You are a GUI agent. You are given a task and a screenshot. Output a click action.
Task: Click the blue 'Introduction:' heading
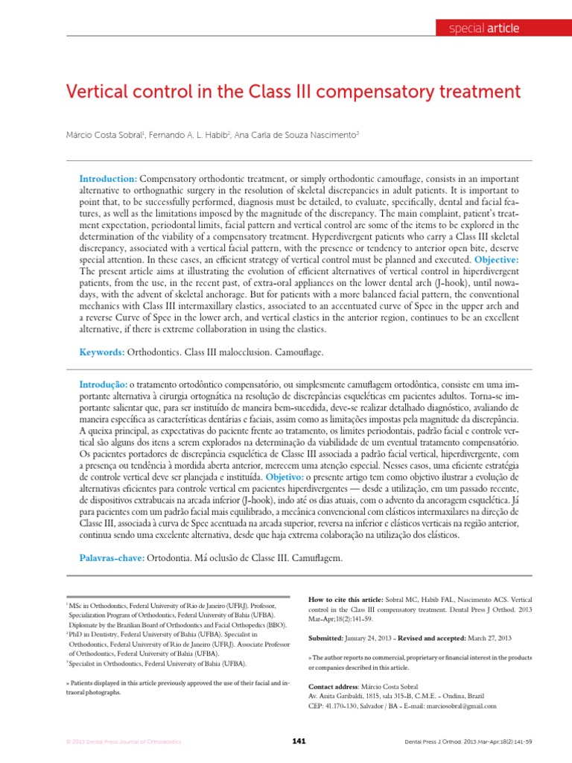coord(108,181)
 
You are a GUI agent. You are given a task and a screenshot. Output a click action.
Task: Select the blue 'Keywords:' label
coord(103,350)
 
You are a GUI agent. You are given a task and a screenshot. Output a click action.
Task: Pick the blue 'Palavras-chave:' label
coord(112,558)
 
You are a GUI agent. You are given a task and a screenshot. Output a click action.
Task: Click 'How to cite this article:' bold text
coord(346,599)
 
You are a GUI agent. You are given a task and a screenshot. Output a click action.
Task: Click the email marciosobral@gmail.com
coord(454,705)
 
